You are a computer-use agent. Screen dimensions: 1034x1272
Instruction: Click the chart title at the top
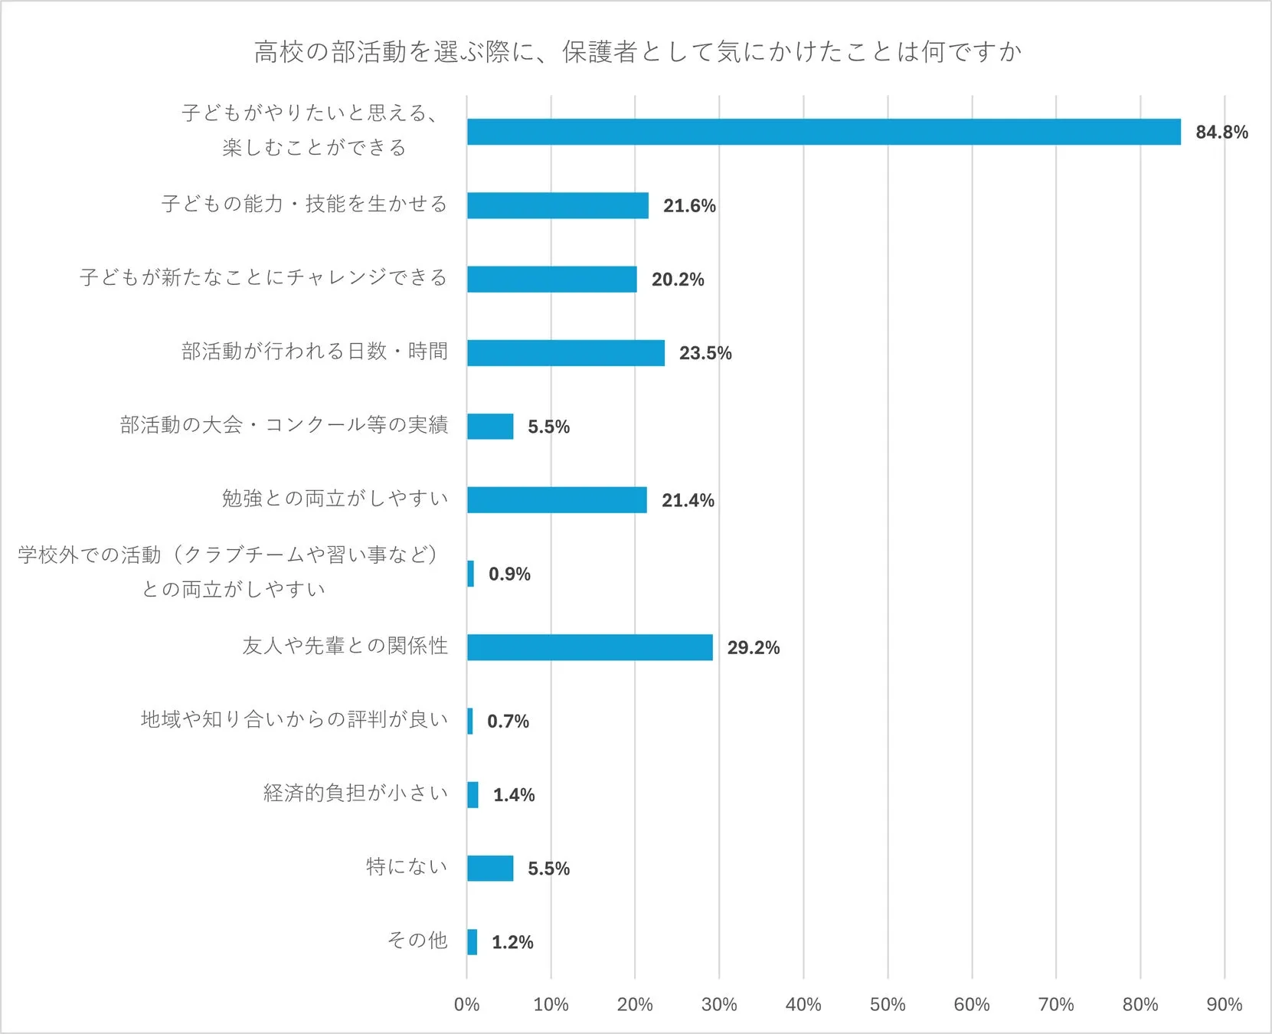637,52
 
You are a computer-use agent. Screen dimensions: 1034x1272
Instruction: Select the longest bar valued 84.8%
823,132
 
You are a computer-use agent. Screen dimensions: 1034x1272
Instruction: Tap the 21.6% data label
689,206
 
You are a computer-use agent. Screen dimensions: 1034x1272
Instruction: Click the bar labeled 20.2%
551,280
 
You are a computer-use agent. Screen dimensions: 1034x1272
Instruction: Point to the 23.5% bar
565,353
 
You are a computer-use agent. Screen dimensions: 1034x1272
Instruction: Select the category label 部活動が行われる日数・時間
314,352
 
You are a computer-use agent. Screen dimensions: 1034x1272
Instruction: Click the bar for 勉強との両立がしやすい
557,500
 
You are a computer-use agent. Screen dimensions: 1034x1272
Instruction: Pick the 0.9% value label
509,574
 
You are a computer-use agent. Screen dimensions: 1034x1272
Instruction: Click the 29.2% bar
590,647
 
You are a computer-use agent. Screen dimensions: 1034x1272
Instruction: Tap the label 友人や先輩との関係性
345,646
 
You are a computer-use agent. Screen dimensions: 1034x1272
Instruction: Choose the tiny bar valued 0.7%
470,722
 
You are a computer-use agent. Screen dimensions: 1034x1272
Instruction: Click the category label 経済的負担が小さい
355,793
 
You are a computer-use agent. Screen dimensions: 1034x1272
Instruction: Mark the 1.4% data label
514,795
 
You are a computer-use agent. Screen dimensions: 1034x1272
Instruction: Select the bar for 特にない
490,869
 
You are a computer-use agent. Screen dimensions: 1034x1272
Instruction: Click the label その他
417,941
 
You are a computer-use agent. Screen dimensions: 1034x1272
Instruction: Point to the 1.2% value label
512,943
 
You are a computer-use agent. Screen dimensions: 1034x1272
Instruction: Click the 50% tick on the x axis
888,1005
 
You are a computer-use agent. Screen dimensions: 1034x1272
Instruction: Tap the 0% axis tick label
466,1005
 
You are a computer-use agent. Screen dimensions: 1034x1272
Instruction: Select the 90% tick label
1224,1005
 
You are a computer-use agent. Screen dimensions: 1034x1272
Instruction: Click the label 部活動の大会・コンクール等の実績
283,425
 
